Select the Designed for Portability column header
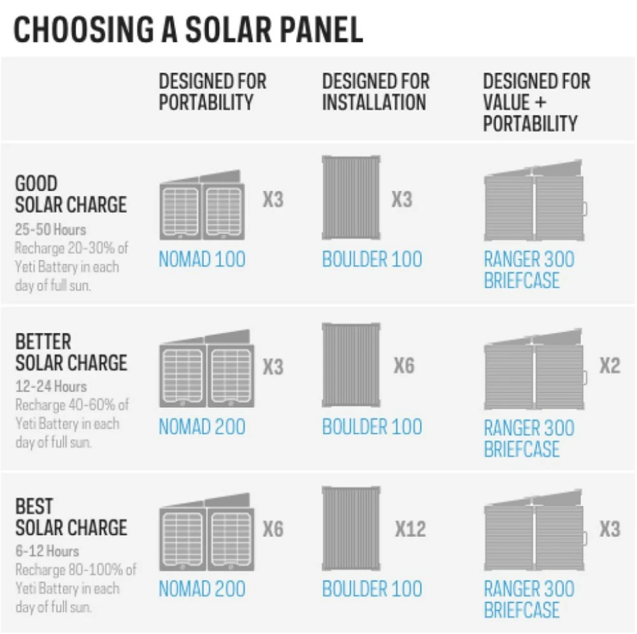tap(212, 92)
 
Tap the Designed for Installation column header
tap(375, 92)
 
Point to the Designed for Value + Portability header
tap(536, 102)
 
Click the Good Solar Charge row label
tap(71, 194)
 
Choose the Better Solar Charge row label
tap(71, 352)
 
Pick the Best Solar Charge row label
tap(71, 517)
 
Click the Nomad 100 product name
tap(201, 259)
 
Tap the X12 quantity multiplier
tap(410, 529)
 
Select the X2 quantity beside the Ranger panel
tap(609, 366)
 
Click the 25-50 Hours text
tap(50, 229)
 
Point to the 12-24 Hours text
tap(50, 386)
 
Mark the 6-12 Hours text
tap(47, 551)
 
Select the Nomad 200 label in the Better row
tap(201, 427)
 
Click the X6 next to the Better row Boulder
tap(404, 366)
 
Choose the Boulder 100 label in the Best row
tap(371, 589)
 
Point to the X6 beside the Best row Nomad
tap(273, 529)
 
